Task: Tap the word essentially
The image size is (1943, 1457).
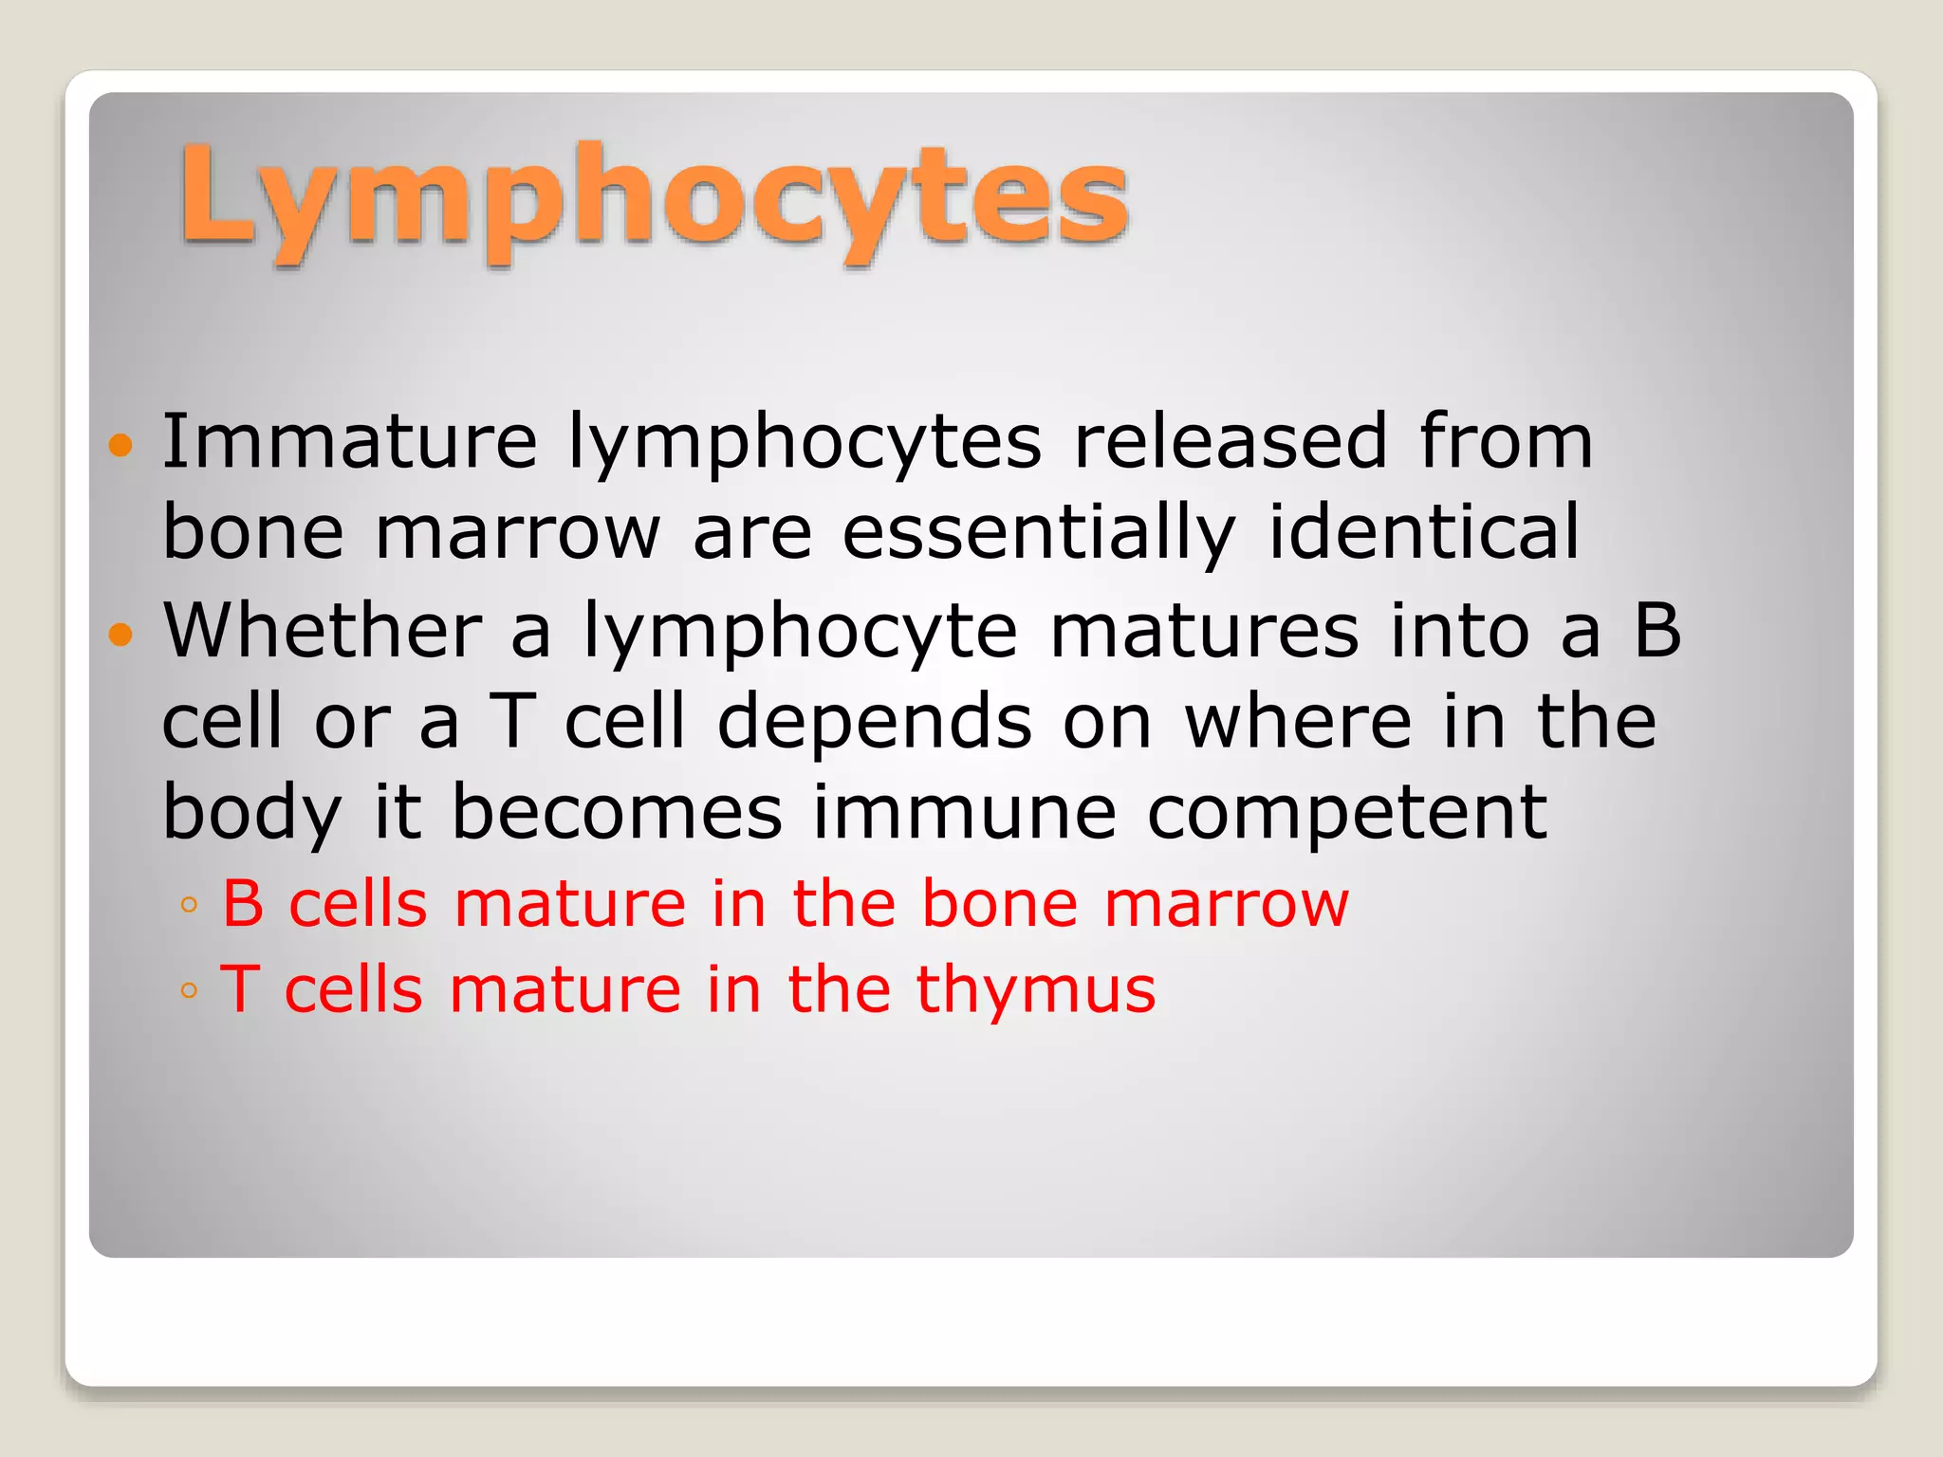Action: tap(1039, 532)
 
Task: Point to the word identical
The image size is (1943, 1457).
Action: tap(1424, 532)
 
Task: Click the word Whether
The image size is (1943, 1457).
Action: tap(323, 630)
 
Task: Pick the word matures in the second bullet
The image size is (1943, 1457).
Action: tap(1204, 630)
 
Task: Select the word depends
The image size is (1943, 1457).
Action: tap(874, 721)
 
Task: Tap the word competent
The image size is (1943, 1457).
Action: tap(1347, 812)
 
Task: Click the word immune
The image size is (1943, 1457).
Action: tap(965, 812)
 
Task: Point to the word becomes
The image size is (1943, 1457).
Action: tap(617, 812)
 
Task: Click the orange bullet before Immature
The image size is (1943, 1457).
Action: tap(120, 444)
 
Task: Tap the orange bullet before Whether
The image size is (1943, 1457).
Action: tap(120, 633)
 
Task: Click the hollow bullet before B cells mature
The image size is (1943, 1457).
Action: tap(189, 905)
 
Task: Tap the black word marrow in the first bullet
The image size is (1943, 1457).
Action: tap(517, 532)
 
